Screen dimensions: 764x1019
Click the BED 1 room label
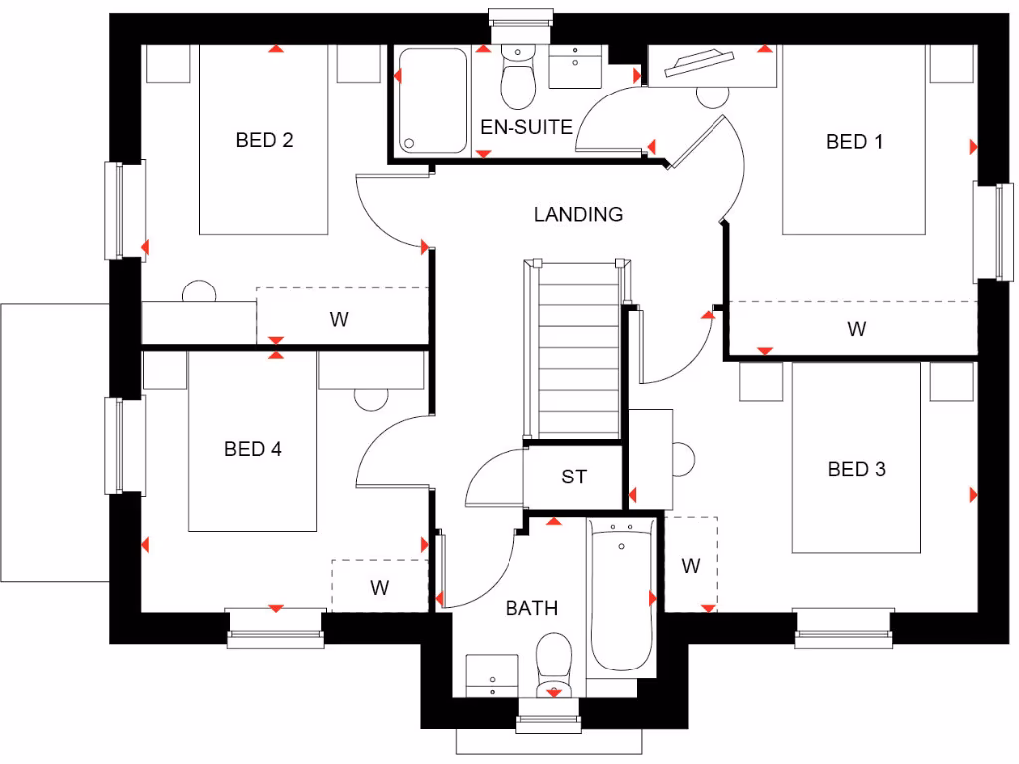[854, 142]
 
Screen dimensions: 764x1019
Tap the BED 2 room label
[264, 140]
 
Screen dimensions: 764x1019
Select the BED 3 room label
[856, 468]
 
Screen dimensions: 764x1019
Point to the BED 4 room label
[253, 449]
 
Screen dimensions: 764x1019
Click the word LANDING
[578, 214]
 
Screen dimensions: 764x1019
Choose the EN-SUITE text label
[526, 127]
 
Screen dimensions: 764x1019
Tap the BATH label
[531, 608]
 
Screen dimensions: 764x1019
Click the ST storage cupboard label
[574, 477]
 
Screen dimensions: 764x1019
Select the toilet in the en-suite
[516, 81]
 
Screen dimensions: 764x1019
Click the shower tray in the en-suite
[432, 100]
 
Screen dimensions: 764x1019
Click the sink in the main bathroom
[492, 675]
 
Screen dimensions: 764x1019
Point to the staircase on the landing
[577, 348]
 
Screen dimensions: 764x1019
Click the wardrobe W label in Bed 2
[340, 319]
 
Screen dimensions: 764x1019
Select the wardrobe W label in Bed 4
[379, 587]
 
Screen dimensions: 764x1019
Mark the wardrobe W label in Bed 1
[856, 328]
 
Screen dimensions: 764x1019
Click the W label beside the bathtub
[691, 566]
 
